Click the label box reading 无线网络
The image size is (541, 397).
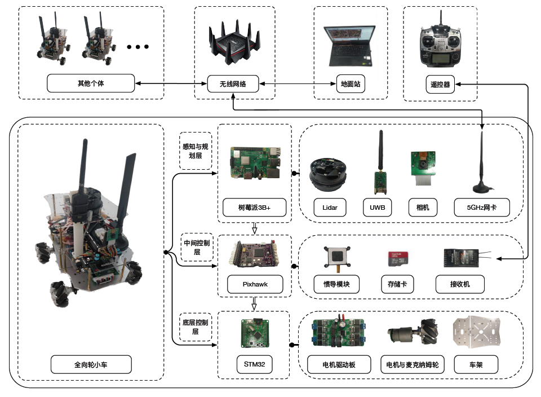(x=233, y=84)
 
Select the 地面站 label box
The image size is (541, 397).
(x=350, y=84)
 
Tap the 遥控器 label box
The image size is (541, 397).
(x=440, y=84)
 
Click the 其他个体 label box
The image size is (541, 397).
(x=91, y=83)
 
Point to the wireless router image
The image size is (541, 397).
(x=232, y=46)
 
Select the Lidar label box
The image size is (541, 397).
(x=330, y=208)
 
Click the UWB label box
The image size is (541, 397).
(x=377, y=208)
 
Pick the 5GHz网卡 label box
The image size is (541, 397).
(x=481, y=208)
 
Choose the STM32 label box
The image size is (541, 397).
(x=255, y=365)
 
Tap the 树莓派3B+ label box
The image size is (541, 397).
(x=255, y=208)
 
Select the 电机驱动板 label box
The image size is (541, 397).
(x=339, y=365)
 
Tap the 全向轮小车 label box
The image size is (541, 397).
(x=91, y=365)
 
